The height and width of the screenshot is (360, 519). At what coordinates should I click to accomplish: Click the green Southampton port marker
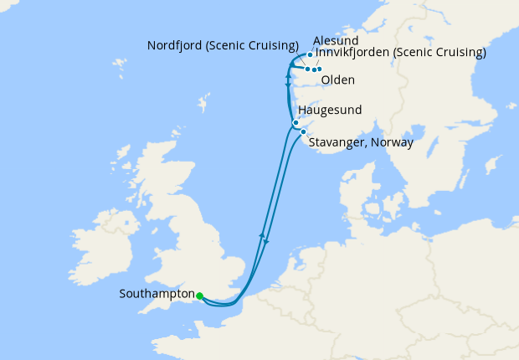click(199, 296)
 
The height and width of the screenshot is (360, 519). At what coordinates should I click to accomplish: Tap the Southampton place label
click(157, 295)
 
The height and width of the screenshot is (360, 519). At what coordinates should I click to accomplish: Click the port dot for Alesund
click(310, 55)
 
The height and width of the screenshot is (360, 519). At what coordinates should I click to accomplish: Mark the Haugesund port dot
click(295, 123)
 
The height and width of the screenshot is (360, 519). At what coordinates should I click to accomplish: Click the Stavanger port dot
click(303, 131)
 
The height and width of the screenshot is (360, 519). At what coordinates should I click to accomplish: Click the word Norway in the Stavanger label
click(392, 143)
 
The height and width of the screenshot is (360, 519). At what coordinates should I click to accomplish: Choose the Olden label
click(337, 80)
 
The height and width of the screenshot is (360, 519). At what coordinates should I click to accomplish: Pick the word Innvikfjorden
click(352, 53)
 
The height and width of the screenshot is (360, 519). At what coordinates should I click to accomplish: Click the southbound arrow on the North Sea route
click(267, 241)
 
